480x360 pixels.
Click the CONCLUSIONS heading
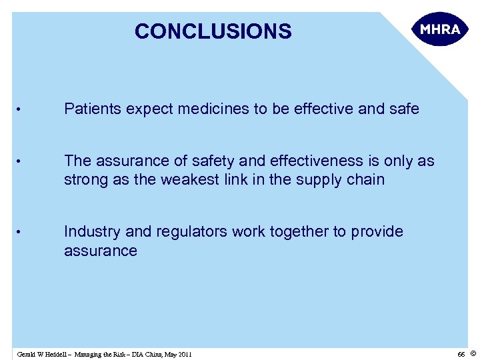[213, 31]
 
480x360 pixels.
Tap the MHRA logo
[440, 30]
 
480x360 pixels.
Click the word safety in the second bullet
[209, 161]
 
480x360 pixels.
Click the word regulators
[189, 231]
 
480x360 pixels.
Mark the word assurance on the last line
[100, 251]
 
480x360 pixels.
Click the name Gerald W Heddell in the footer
[41, 354]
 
